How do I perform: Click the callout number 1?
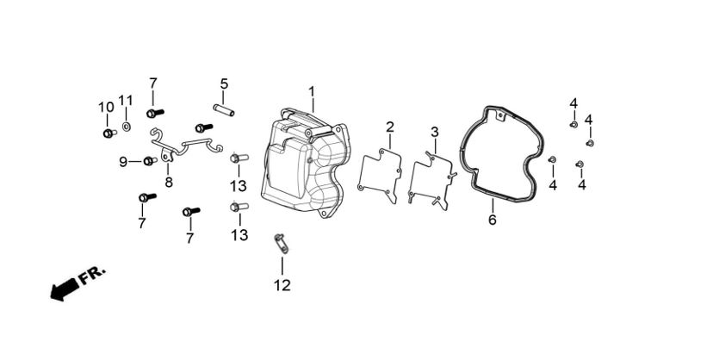pos(312,91)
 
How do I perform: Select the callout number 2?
pos(390,127)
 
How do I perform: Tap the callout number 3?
pos(435,132)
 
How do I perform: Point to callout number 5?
pos(224,84)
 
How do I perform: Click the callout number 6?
pos(493,220)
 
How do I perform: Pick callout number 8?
pos(169,182)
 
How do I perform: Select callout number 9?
pos(123,161)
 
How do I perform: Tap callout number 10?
pos(106,107)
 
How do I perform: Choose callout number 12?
pos(282,285)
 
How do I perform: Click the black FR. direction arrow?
pos(62,291)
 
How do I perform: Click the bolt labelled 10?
pos(109,133)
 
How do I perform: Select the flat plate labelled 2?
pos(380,177)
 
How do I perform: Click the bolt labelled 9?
pos(150,161)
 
